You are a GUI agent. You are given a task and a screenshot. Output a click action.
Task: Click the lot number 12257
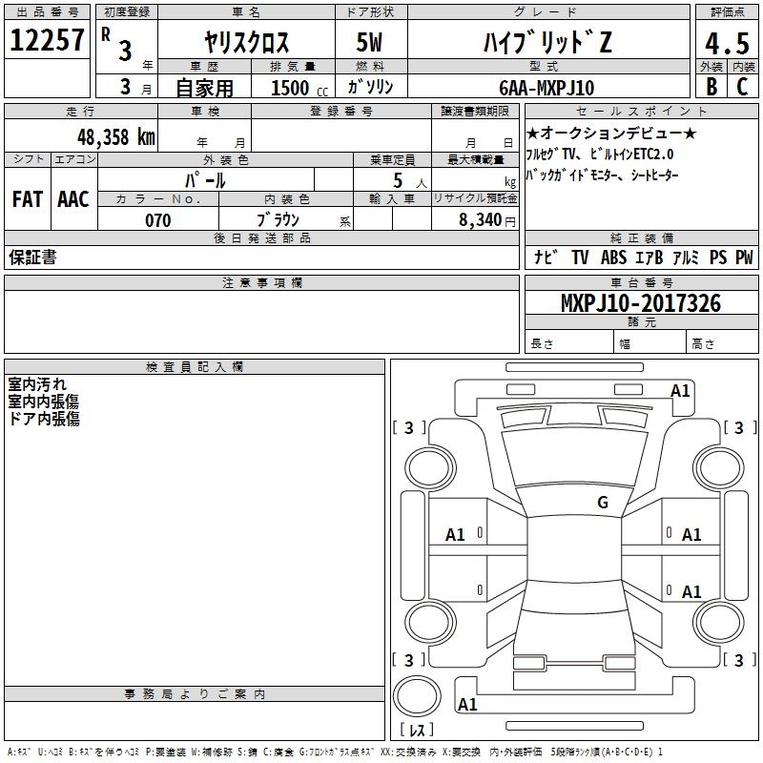point(47,40)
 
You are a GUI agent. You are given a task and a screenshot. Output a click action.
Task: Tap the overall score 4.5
point(728,43)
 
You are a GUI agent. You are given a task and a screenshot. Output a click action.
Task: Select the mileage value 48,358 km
point(116,137)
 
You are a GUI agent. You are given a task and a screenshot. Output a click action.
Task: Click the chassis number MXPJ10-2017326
point(641,303)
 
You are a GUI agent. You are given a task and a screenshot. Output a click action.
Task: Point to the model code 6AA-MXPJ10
point(546,88)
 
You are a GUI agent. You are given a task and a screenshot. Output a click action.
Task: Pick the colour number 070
point(158,220)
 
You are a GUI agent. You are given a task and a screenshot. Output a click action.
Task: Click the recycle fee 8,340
point(481,220)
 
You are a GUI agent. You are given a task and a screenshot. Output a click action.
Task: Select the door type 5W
point(369,42)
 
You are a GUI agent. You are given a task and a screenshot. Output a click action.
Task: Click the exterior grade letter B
point(711,87)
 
